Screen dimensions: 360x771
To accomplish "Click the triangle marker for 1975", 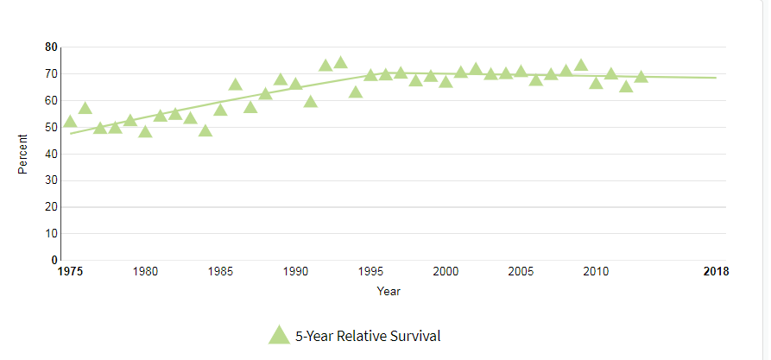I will pyautogui.click(x=70, y=122).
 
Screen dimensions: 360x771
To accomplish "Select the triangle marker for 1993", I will pyautogui.click(x=340, y=62).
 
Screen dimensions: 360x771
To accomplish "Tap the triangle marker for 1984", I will pyautogui.click(x=205, y=130).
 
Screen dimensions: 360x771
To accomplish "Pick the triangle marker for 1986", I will pyautogui.click(x=235, y=85).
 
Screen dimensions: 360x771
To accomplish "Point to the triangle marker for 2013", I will pyautogui.click(x=641, y=77).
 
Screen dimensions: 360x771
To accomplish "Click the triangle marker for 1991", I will pyautogui.click(x=310, y=102).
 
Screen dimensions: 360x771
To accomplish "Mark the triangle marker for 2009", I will pyautogui.click(x=580, y=65).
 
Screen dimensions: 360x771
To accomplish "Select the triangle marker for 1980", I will pyautogui.click(x=145, y=132).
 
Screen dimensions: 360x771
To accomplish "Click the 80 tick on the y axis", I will pyautogui.click(x=52, y=47).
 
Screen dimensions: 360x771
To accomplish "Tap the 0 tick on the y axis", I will pyautogui.click(x=54, y=260).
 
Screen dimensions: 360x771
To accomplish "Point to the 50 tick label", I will pyautogui.click(x=52, y=127).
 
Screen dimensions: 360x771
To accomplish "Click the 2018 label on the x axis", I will pyautogui.click(x=716, y=272).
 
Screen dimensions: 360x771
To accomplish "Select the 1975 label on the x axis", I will pyautogui.click(x=70, y=272).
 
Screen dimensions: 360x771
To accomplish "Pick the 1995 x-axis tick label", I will pyautogui.click(x=370, y=272).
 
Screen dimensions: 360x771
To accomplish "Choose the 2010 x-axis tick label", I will pyautogui.click(x=596, y=272).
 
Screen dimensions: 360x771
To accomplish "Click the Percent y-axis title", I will pyautogui.click(x=23, y=154).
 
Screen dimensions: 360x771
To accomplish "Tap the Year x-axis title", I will pyautogui.click(x=389, y=291).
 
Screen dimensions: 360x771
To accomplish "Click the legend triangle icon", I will pyautogui.click(x=279, y=335).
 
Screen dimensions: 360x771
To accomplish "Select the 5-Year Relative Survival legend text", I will pyautogui.click(x=368, y=336).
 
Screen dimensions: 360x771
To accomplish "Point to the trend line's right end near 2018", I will pyautogui.click(x=716, y=78).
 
